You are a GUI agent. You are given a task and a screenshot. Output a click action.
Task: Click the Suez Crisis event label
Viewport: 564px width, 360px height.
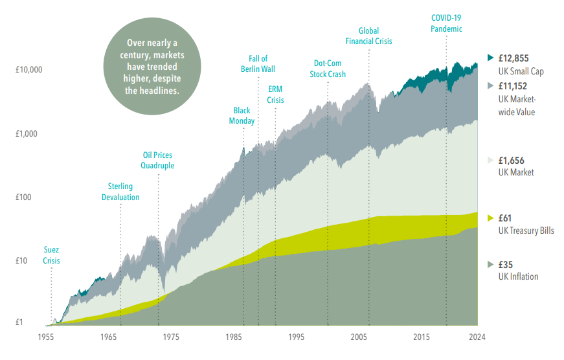click(x=51, y=254)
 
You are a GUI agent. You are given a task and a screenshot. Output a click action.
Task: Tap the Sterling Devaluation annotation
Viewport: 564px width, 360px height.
click(x=120, y=192)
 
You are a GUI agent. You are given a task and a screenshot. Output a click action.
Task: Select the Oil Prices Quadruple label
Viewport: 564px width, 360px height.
click(x=157, y=160)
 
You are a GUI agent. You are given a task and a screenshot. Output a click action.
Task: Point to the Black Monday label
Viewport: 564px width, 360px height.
click(x=242, y=115)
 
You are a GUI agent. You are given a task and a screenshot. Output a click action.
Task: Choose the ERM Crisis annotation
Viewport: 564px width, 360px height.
click(x=275, y=95)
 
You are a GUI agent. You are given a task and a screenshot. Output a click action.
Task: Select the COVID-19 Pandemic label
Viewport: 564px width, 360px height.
click(x=447, y=23)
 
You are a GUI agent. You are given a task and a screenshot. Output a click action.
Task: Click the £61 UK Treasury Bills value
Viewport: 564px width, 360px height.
click(x=505, y=218)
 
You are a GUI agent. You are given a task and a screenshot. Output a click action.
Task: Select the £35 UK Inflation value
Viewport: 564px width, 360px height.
click(x=505, y=264)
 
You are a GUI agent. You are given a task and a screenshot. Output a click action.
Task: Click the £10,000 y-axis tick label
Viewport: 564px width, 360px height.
click(x=28, y=69)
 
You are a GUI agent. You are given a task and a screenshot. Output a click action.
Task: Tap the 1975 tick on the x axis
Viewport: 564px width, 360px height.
click(x=171, y=337)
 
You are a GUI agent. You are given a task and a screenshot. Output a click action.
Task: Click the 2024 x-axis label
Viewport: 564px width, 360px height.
click(x=477, y=337)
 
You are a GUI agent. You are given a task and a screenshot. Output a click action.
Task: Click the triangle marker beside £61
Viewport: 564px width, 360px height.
click(x=490, y=218)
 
